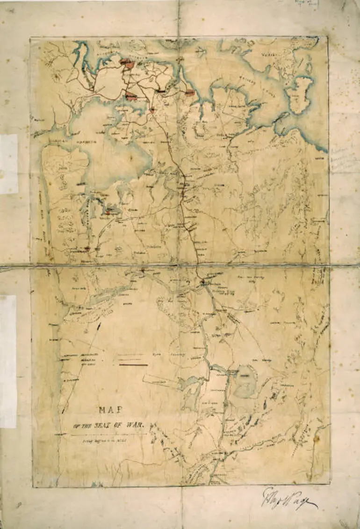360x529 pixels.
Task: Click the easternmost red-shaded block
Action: tap(189, 93)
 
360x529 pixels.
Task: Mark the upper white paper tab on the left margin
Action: tap(9, 164)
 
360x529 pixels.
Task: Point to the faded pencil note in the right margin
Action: tap(345, 159)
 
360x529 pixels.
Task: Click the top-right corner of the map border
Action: tap(327, 36)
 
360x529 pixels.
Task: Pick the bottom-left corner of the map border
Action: tap(33, 487)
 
